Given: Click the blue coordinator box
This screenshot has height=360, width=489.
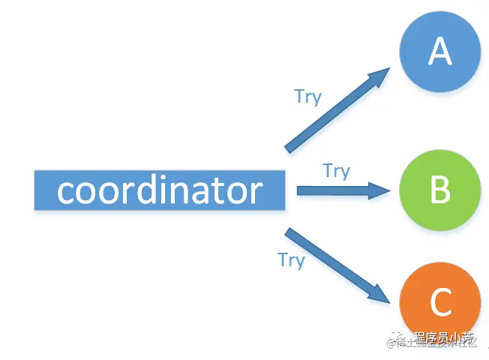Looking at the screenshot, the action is (x=160, y=190).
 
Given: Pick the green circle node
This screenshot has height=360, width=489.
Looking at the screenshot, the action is (x=439, y=190).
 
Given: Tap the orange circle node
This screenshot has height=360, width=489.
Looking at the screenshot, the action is (x=439, y=302).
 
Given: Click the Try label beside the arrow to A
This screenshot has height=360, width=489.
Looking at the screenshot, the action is (x=307, y=97).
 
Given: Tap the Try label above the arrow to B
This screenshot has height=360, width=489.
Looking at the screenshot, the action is (x=337, y=171).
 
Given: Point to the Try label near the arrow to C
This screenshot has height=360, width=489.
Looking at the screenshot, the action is (x=291, y=259).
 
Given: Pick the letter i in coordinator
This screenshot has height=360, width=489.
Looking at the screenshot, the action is (x=163, y=190).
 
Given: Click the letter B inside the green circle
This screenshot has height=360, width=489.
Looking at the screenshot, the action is (x=439, y=190).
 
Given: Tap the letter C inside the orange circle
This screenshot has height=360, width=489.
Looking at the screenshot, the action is (x=440, y=303).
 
